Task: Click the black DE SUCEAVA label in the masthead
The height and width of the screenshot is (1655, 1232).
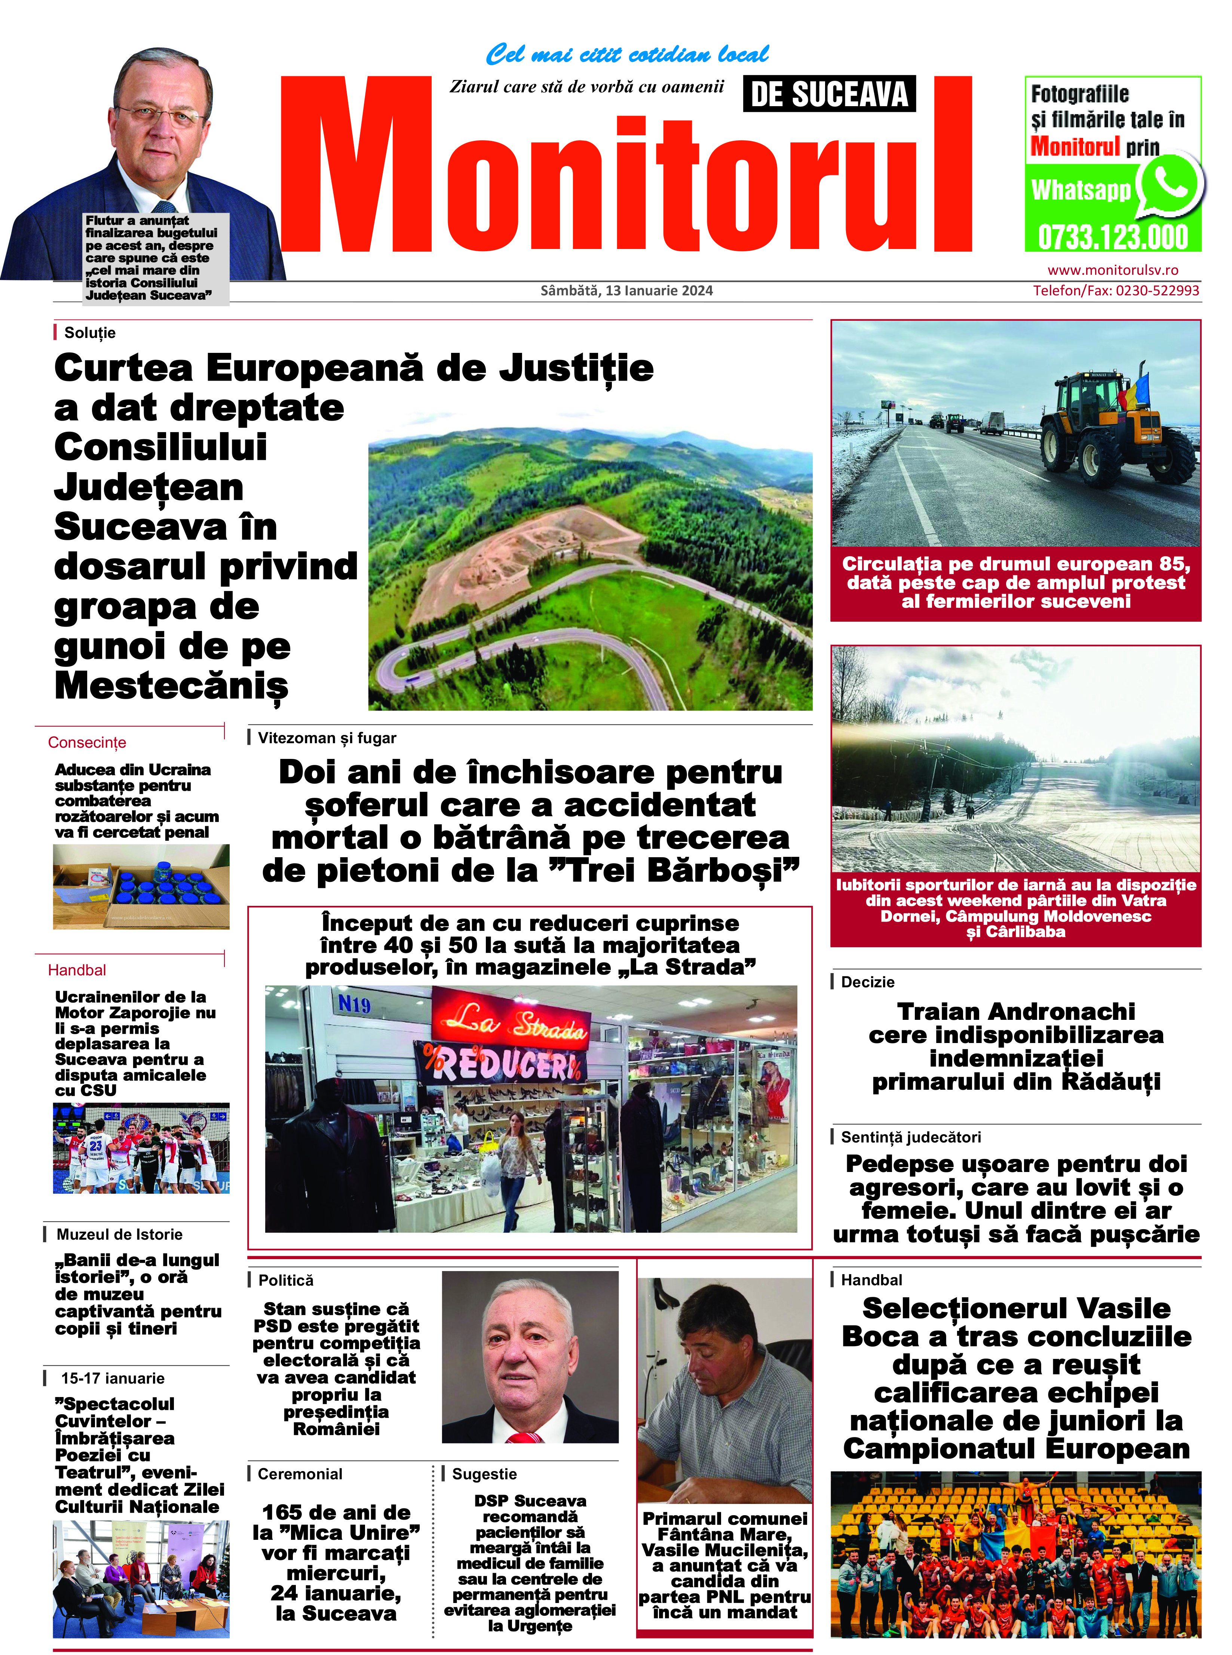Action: pyautogui.click(x=828, y=95)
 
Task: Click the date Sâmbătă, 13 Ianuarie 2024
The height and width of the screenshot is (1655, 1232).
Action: pyautogui.click(x=626, y=291)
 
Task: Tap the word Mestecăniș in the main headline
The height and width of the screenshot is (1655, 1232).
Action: pyautogui.click(x=172, y=686)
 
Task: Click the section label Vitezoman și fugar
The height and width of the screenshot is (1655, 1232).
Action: pyautogui.click(x=327, y=738)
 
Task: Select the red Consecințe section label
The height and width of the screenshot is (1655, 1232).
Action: pyautogui.click(x=87, y=742)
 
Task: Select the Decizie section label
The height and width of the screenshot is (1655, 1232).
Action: pyautogui.click(x=867, y=982)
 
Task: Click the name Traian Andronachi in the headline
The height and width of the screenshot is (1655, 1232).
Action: pyautogui.click(x=1016, y=1012)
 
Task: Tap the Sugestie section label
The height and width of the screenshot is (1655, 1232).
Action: pyautogui.click(x=484, y=1474)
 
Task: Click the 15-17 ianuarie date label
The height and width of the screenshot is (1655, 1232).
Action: pyautogui.click(x=113, y=1378)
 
